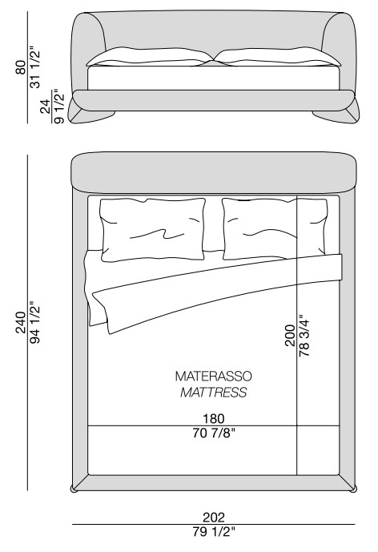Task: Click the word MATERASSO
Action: click(x=213, y=377)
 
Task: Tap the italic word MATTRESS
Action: click(x=213, y=393)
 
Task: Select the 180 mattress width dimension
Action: click(x=213, y=418)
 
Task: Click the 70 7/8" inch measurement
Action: click(x=213, y=433)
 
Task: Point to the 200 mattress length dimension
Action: click(x=290, y=336)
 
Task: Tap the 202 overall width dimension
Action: click(x=213, y=517)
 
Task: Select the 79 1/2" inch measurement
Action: click(x=213, y=532)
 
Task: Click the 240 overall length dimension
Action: click(x=21, y=322)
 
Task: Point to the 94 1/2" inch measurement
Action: click(x=35, y=322)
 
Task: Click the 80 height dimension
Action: click(x=21, y=67)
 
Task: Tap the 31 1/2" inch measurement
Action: click(x=35, y=66)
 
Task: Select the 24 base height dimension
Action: click(x=46, y=107)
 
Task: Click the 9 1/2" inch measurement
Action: click(x=58, y=107)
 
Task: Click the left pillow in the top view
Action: click(x=152, y=229)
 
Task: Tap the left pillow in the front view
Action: click(x=150, y=57)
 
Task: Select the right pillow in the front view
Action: click(x=277, y=57)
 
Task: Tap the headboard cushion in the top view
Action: click(x=214, y=172)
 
